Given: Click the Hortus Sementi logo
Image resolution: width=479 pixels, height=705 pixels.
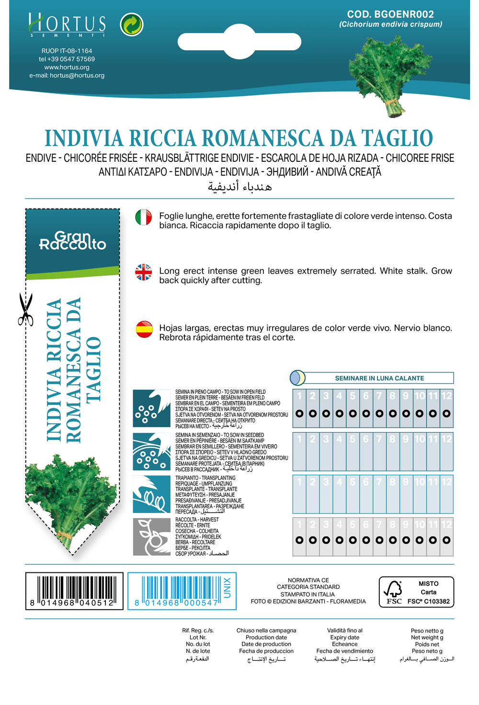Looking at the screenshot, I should pyautogui.click(x=67, y=25).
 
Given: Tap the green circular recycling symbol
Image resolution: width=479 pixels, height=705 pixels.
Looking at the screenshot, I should pyautogui.click(x=132, y=24).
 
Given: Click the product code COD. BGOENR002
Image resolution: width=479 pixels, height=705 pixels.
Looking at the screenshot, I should pyautogui.click(x=390, y=14).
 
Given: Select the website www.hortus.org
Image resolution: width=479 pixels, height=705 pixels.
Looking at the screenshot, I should pyautogui.click(x=67, y=67).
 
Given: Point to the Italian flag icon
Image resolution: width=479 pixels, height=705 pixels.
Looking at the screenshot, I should pyautogui.click(x=143, y=217).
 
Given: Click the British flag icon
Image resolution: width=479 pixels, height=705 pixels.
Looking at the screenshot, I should pyautogui.click(x=143, y=272).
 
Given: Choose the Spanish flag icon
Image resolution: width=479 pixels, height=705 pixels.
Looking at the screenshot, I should pyautogui.click(x=144, y=329).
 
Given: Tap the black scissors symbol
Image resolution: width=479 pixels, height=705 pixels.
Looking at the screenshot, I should pyautogui.click(x=25, y=310).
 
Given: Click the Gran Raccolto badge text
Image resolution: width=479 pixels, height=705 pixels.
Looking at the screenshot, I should pyautogui.click(x=72, y=241).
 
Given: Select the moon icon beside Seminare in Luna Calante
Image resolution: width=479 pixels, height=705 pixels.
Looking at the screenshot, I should pyautogui.click(x=297, y=378).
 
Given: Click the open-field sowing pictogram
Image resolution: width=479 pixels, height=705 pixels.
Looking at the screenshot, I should pyautogui.click(x=151, y=408).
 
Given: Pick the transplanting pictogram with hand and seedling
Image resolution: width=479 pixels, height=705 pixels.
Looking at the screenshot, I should pyautogui.click(x=151, y=494).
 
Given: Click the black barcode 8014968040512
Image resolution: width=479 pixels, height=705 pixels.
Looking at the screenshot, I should pyautogui.click(x=74, y=591).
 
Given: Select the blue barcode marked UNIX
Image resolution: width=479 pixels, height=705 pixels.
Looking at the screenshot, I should pyautogui.click(x=182, y=591).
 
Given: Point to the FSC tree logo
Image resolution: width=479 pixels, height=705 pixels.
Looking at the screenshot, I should pyautogui.click(x=394, y=592).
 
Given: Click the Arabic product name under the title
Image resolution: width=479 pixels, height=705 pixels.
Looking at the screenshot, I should pyautogui.click(x=239, y=186).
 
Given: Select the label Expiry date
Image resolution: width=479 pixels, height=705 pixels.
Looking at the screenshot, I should pyautogui.click(x=344, y=638).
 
